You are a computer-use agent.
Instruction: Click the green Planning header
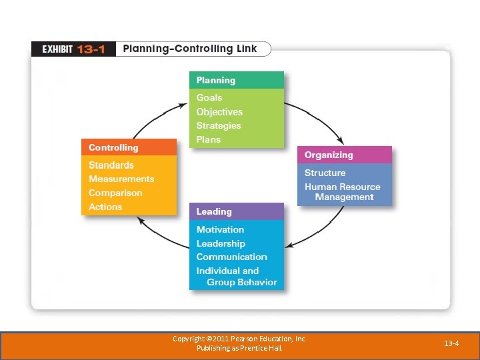coord(236,80)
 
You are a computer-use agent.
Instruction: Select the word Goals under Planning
coord(209,97)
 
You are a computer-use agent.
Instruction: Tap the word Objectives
coord(219,112)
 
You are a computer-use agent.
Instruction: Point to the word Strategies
coord(219,126)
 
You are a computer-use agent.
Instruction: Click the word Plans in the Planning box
coord(208,140)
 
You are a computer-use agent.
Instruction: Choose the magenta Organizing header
coord(344,155)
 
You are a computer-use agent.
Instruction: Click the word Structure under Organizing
coord(325,173)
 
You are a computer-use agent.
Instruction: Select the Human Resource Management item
coord(343,192)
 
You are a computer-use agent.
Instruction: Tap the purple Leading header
coord(236,211)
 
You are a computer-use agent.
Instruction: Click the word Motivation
coord(220,229)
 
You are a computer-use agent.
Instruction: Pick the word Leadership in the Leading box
coord(221,243)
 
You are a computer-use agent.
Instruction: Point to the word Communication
coord(231,257)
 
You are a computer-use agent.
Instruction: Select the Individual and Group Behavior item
coord(236,277)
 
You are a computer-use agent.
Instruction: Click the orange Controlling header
coord(129,147)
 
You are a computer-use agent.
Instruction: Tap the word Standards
coord(111,165)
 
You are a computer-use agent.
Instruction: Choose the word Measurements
coord(121,179)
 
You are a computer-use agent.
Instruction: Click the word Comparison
coord(115,193)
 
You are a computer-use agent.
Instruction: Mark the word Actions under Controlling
coord(105,207)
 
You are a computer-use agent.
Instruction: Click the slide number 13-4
coord(451,343)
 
